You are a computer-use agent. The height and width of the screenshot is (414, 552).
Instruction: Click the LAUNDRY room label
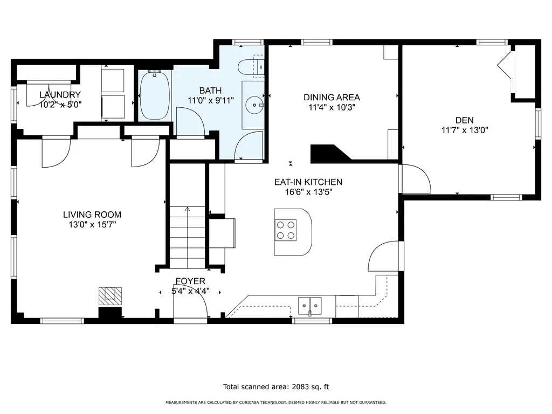tap(60, 95)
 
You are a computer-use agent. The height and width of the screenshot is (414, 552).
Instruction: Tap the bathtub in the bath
tap(155, 95)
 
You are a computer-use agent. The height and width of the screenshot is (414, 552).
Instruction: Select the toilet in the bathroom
tap(251, 66)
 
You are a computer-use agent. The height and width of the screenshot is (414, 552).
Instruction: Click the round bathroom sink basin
tap(254, 105)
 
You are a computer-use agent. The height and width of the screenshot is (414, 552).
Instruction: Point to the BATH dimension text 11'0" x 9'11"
tap(211, 101)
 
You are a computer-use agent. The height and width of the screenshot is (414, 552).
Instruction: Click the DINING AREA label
tap(332, 97)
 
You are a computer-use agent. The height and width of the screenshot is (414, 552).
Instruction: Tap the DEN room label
tap(464, 120)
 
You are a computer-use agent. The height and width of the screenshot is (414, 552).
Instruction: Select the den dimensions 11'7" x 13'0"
tap(465, 130)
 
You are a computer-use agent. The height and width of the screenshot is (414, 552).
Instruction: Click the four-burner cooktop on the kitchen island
tap(286, 230)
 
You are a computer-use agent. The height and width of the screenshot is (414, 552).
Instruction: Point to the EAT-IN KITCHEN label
tap(308, 182)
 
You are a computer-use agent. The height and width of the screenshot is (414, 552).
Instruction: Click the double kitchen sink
tap(310, 305)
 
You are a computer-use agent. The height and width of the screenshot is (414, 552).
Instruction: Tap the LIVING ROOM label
tap(92, 215)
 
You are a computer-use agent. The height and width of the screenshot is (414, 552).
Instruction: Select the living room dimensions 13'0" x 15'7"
tap(92, 225)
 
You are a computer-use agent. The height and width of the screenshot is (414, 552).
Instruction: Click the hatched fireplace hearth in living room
tap(110, 296)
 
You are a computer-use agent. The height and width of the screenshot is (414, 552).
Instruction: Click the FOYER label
tap(190, 281)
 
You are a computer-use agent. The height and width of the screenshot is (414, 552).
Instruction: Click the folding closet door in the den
tap(505, 65)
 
